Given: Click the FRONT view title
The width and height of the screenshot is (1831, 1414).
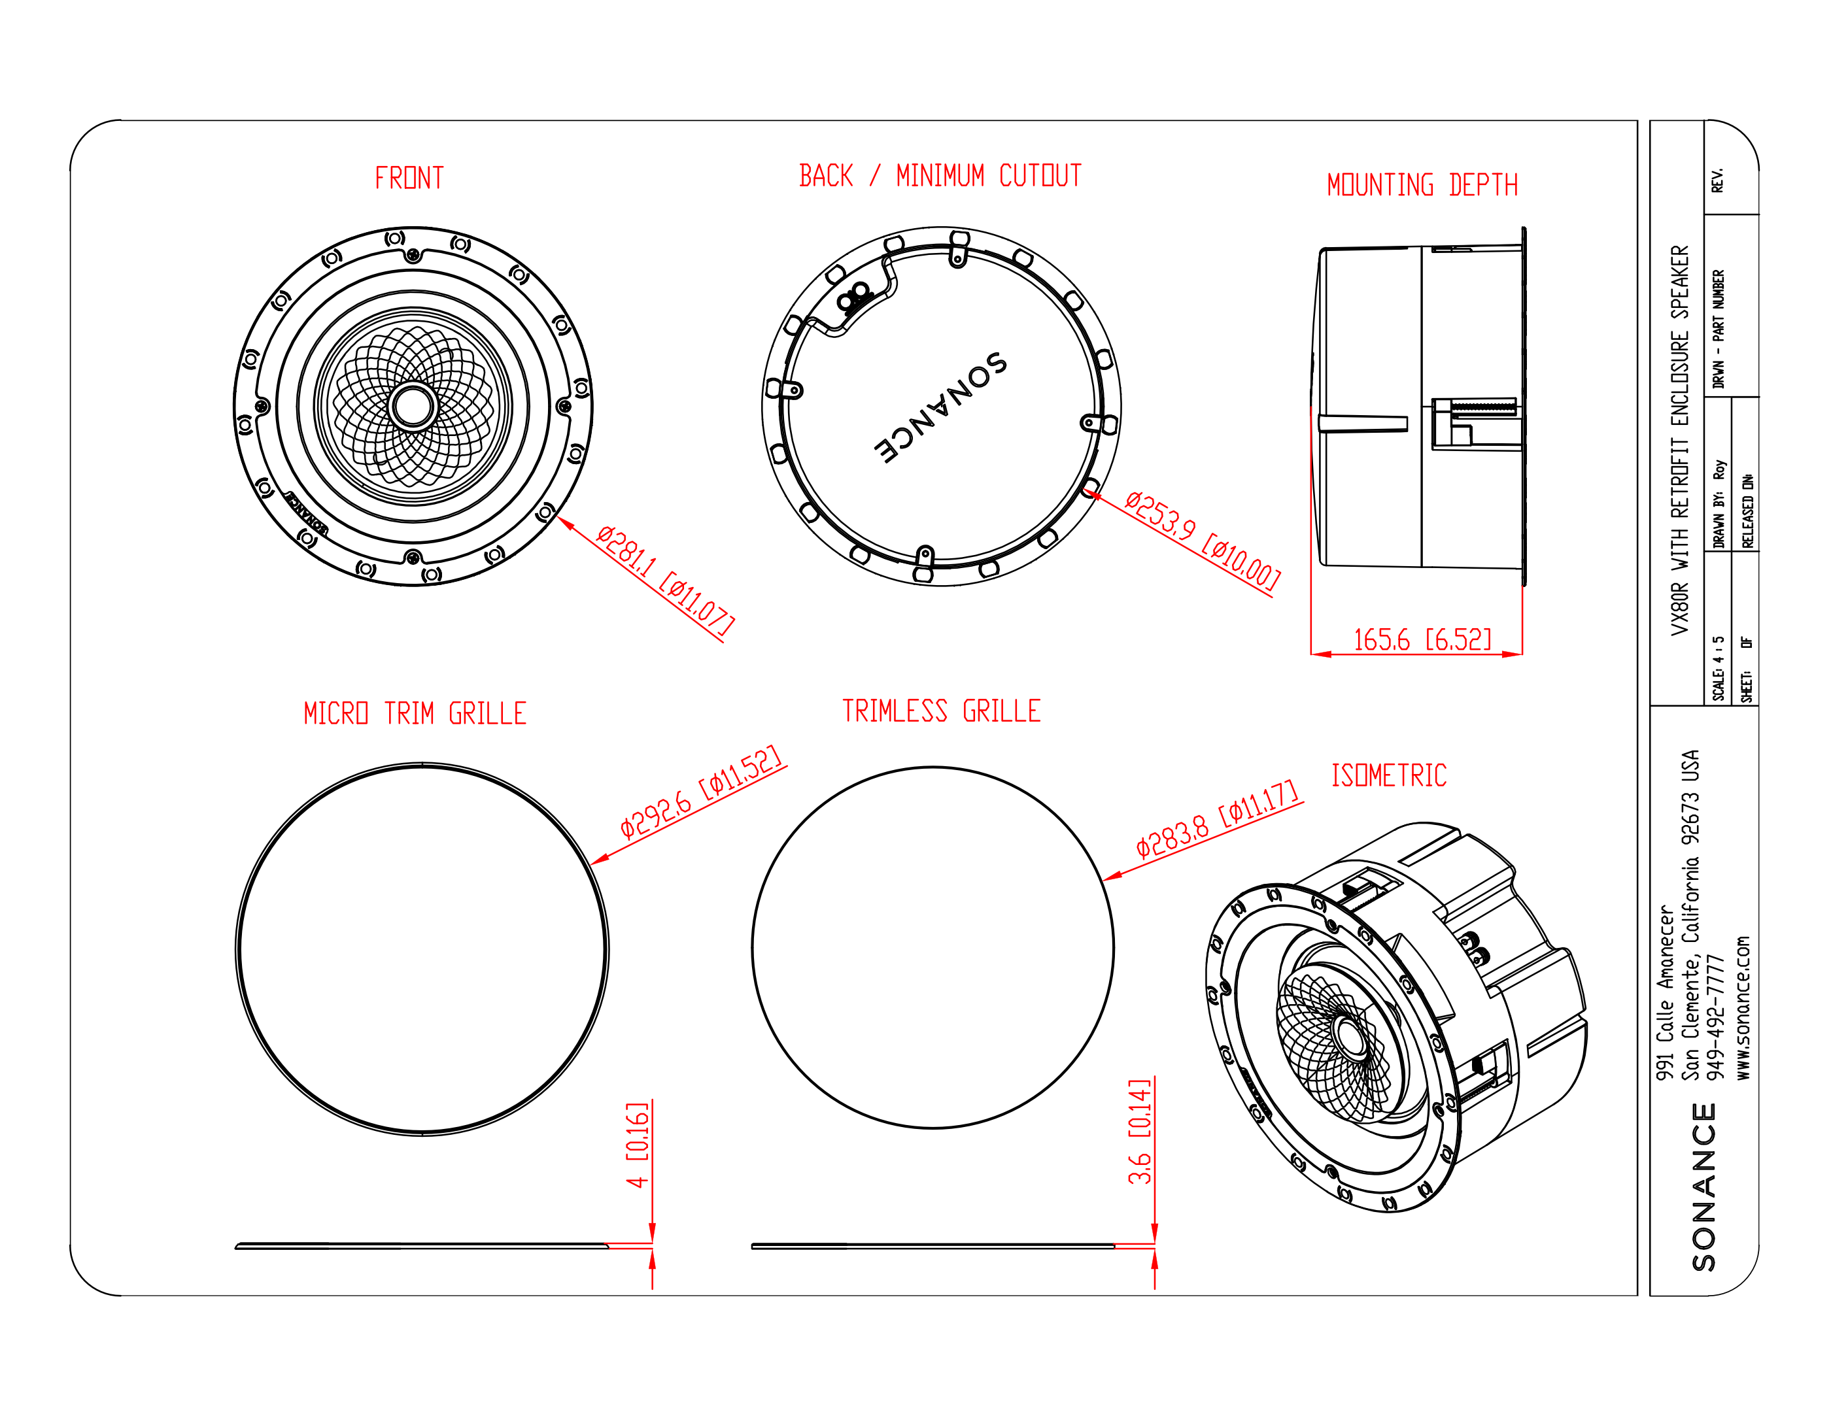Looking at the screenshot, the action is (409, 178).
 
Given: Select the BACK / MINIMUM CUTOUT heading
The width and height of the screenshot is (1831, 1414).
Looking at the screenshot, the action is (940, 175).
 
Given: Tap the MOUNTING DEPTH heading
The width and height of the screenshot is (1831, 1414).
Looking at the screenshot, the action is (1422, 184).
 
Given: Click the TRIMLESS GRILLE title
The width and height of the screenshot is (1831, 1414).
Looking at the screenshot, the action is (942, 711).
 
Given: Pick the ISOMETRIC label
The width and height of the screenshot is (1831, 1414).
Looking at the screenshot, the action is (1389, 775).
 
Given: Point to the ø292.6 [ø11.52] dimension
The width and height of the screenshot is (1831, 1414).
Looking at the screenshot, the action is (701, 790).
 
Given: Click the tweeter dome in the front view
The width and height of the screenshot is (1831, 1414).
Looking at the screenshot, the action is (413, 406).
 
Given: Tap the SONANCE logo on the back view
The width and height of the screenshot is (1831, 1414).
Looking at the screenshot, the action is (940, 407).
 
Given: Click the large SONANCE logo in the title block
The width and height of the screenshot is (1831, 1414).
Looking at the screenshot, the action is (1703, 1187).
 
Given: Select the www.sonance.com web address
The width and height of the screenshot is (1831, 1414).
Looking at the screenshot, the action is (1743, 1007).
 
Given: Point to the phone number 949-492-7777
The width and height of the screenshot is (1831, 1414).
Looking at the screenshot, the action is (1716, 1018).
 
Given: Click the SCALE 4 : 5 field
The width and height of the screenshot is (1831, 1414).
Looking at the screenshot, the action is (1718, 668).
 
